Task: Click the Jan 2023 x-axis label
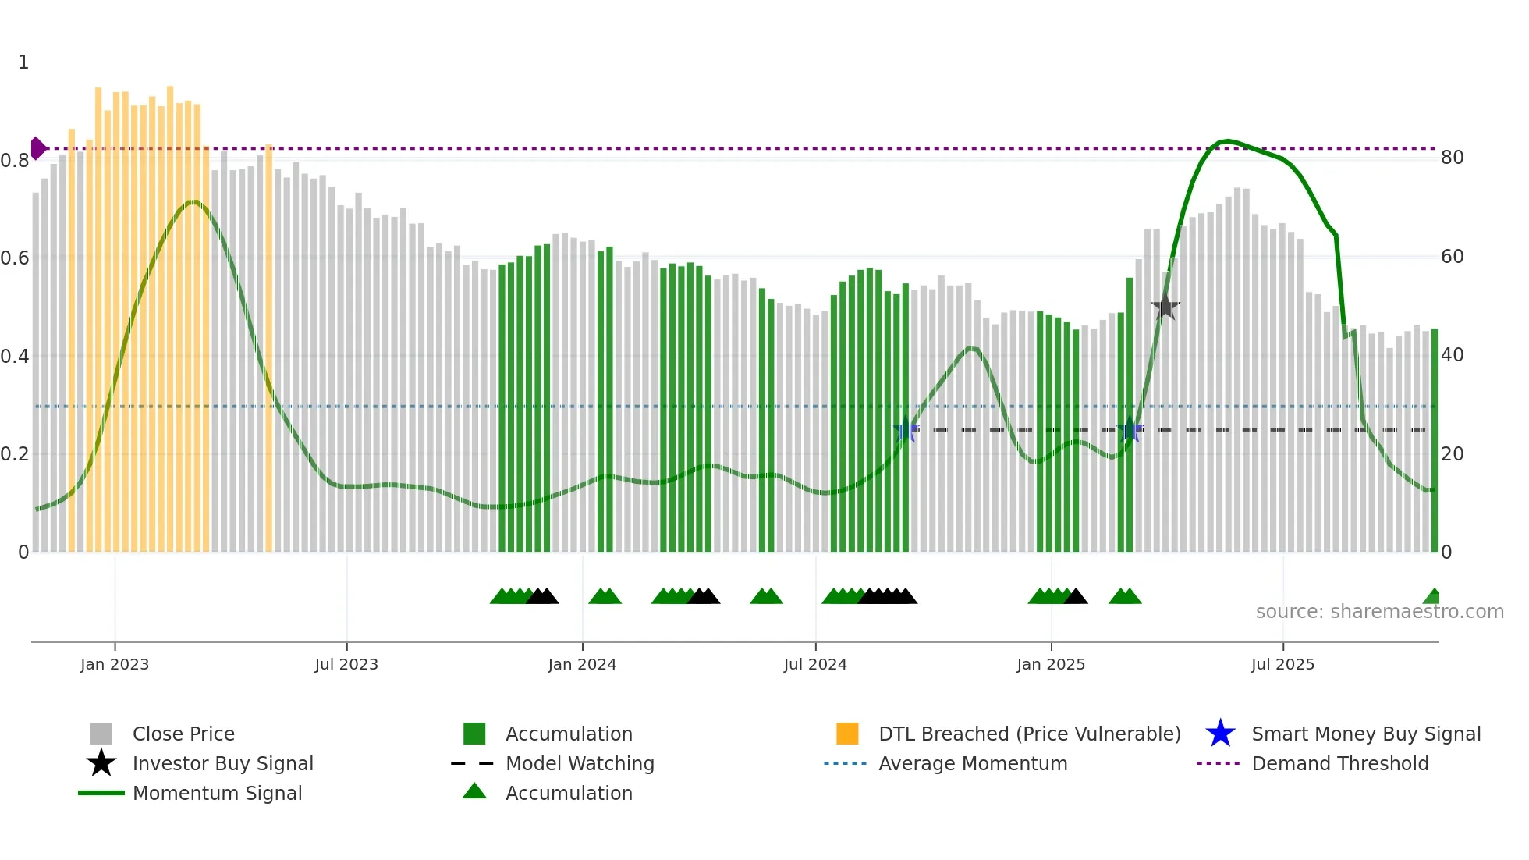pos(115,664)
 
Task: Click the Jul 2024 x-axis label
pos(815,664)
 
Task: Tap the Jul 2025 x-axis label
pos(1282,664)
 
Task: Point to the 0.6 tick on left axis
pos(15,258)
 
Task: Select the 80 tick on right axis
pos(1452,158)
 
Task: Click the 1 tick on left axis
pos(23,62)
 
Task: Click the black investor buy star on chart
pos(1165,307)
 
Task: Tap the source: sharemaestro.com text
pos(1379,612)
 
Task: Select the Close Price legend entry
pos(183,734)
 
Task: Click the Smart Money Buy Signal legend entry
pos(1365,734)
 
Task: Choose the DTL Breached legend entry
pos(1029,734)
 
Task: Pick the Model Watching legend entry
pos(579,763)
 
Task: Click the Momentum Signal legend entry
pos(217,793)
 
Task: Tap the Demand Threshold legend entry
pos(1339,763)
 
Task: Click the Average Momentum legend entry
pos(972,763)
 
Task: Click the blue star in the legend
pos(1220,734)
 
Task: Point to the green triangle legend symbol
pos(474,791)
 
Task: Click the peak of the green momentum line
pos(1227,141)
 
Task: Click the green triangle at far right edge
pos(1432,597)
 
